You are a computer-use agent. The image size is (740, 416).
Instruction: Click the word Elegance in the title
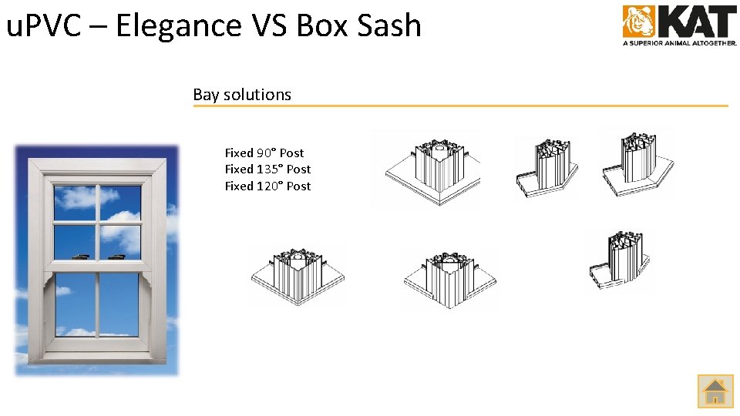click(180, 26)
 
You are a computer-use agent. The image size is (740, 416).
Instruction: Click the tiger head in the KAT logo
click(638, 22)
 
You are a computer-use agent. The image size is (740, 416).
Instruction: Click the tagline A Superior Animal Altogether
click(680, 44)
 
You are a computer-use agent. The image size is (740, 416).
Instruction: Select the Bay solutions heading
click(242, 95)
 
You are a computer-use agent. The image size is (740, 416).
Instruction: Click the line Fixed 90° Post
click(264, 153)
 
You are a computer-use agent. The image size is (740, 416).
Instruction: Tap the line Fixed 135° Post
click(267, 169)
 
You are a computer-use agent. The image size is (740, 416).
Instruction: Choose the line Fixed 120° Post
click(267, 186)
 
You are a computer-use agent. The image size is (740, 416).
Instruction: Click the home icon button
click(715, 391)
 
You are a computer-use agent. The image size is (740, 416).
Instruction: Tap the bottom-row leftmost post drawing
click(297, 275)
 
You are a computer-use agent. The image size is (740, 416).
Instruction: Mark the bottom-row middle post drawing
click(449, 278)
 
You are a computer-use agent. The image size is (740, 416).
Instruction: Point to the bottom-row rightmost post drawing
click(619, 260)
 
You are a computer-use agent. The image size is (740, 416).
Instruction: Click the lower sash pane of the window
click(99, 304)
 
